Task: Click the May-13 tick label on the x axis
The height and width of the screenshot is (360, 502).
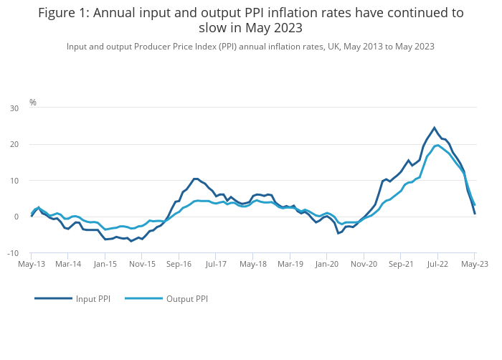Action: coord(32,264)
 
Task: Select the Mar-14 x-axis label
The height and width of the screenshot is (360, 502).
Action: coord(68,264)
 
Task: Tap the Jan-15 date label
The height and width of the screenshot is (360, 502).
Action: coord(105,264)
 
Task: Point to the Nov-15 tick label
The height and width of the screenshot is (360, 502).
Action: coord(142,264)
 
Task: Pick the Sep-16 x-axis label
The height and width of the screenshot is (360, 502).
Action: coord(179,264)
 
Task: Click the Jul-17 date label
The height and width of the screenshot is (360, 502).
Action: coord(216,264)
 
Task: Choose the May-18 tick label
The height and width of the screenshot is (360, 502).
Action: coord(253,264)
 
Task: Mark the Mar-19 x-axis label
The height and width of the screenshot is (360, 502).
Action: coord(290,264)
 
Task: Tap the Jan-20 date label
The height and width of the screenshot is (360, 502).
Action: coord(327,264)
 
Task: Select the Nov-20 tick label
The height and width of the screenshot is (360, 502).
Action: coord(364,264)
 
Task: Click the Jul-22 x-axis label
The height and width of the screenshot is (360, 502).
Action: coord(438,264)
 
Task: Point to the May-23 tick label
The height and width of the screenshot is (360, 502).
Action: coord(475,264)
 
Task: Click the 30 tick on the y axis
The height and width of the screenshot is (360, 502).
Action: coord(14,108)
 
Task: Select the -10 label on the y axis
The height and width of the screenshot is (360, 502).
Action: coord(14,253)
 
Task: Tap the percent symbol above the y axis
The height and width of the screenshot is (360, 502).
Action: coord(33,103)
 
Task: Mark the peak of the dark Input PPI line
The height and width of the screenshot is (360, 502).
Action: coord(434,128)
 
